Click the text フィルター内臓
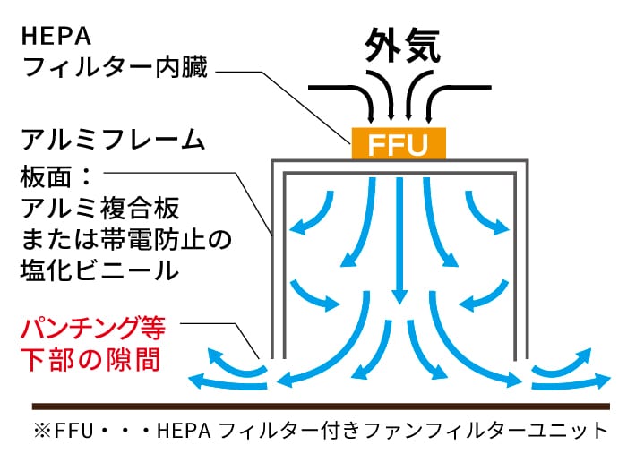click(x=114, y=67)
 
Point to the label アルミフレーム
click(x=113, y=142)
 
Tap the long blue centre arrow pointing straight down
click(x=399, y=242)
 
